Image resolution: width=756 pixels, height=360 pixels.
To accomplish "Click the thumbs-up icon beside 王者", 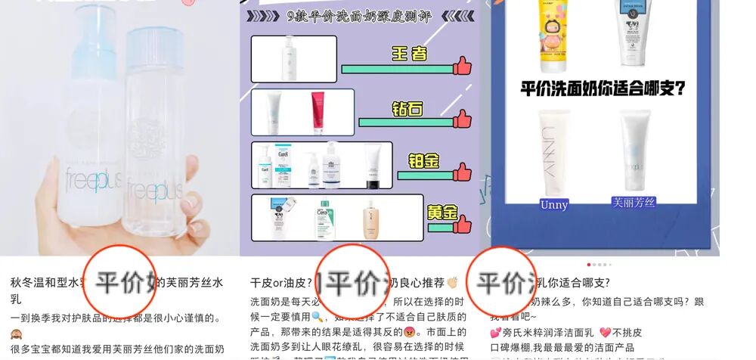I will [x=462, y=67].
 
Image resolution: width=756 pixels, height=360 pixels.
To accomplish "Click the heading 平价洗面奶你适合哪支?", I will [x=603, y=88].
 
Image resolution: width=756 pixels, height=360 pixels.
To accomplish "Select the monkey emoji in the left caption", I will [x=16, y=334].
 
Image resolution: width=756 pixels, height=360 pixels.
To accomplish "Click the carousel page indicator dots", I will [x=597, y=264].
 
